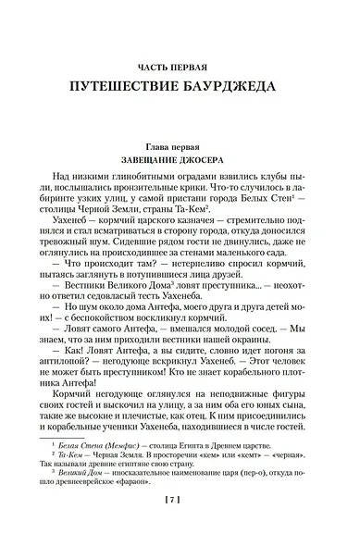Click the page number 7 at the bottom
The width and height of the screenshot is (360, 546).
point(180,526)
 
